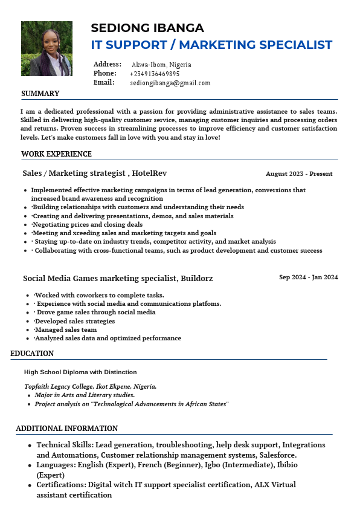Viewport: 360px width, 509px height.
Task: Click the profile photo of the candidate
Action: pyautogui.click(x=47, y=48)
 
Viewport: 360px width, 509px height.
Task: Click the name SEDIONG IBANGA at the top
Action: pyautogui.click(x=147, y=28)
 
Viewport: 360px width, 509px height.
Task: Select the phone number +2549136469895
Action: pyautogui.click(x=155, y=74)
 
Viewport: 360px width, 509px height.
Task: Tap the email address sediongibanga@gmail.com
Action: pyautogui.click(x=170, y=83)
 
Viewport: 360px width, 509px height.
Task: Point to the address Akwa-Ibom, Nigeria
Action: pyautogui.click(x=161, y=65)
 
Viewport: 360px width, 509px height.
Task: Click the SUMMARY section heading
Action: pyautogui.click(x=40, y=94)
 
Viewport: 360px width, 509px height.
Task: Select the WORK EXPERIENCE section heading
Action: pyautogui.click(x=56, y=154)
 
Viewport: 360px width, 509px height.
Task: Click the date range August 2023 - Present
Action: pyautogui.click(x=299, y=174)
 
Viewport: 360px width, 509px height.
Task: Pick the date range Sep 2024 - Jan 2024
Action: pyautogui.click(x=308, y=277)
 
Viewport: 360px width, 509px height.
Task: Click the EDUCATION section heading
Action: pyautogui.click(x=32, y=354)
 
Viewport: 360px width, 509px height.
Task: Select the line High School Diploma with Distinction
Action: pyautogui.click(x=80, y=372)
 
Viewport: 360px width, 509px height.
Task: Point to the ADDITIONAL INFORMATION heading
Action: pyautogui.click(x=66, y=429)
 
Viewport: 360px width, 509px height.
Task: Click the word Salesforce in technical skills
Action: pyautogui.click(x=275, y=455)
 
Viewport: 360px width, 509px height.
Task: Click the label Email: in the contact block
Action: pyautogui.click(x=104, y=82)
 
